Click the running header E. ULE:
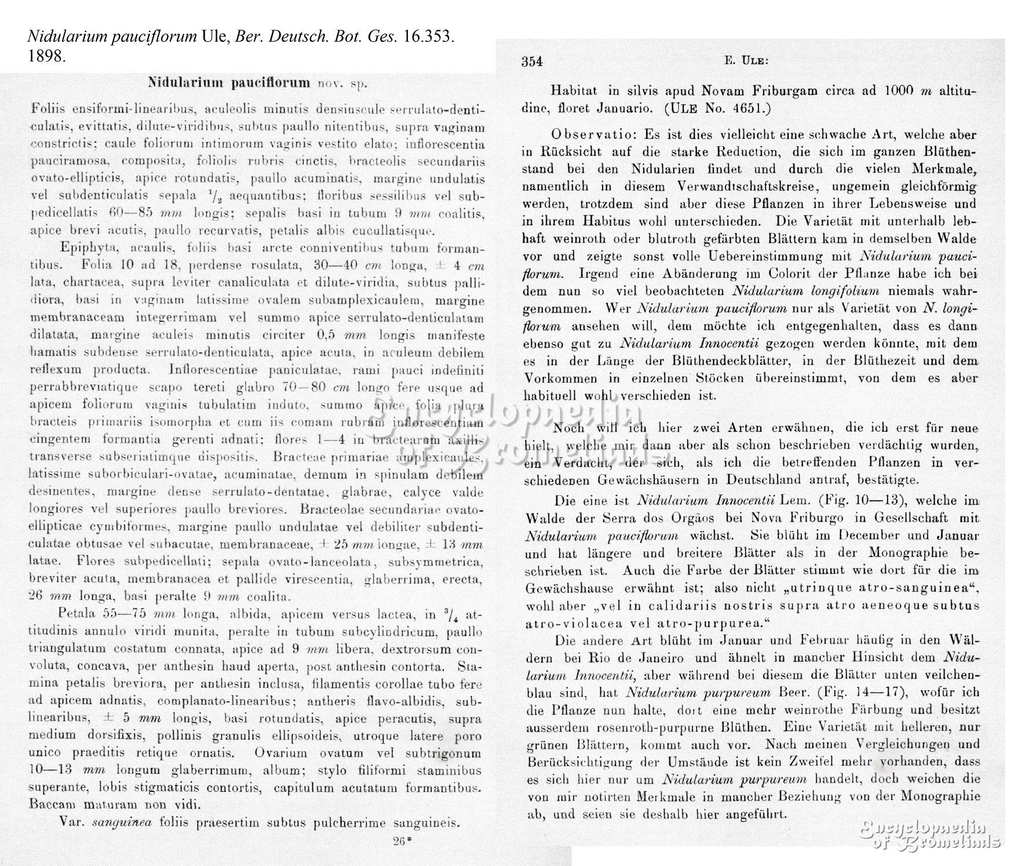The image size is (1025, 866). [746, 60]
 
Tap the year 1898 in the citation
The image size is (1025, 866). [44, 57]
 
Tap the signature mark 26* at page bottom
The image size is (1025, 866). [398, 842]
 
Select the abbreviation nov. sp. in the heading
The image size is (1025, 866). [343, 83]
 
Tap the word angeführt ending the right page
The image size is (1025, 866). [754, 814]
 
